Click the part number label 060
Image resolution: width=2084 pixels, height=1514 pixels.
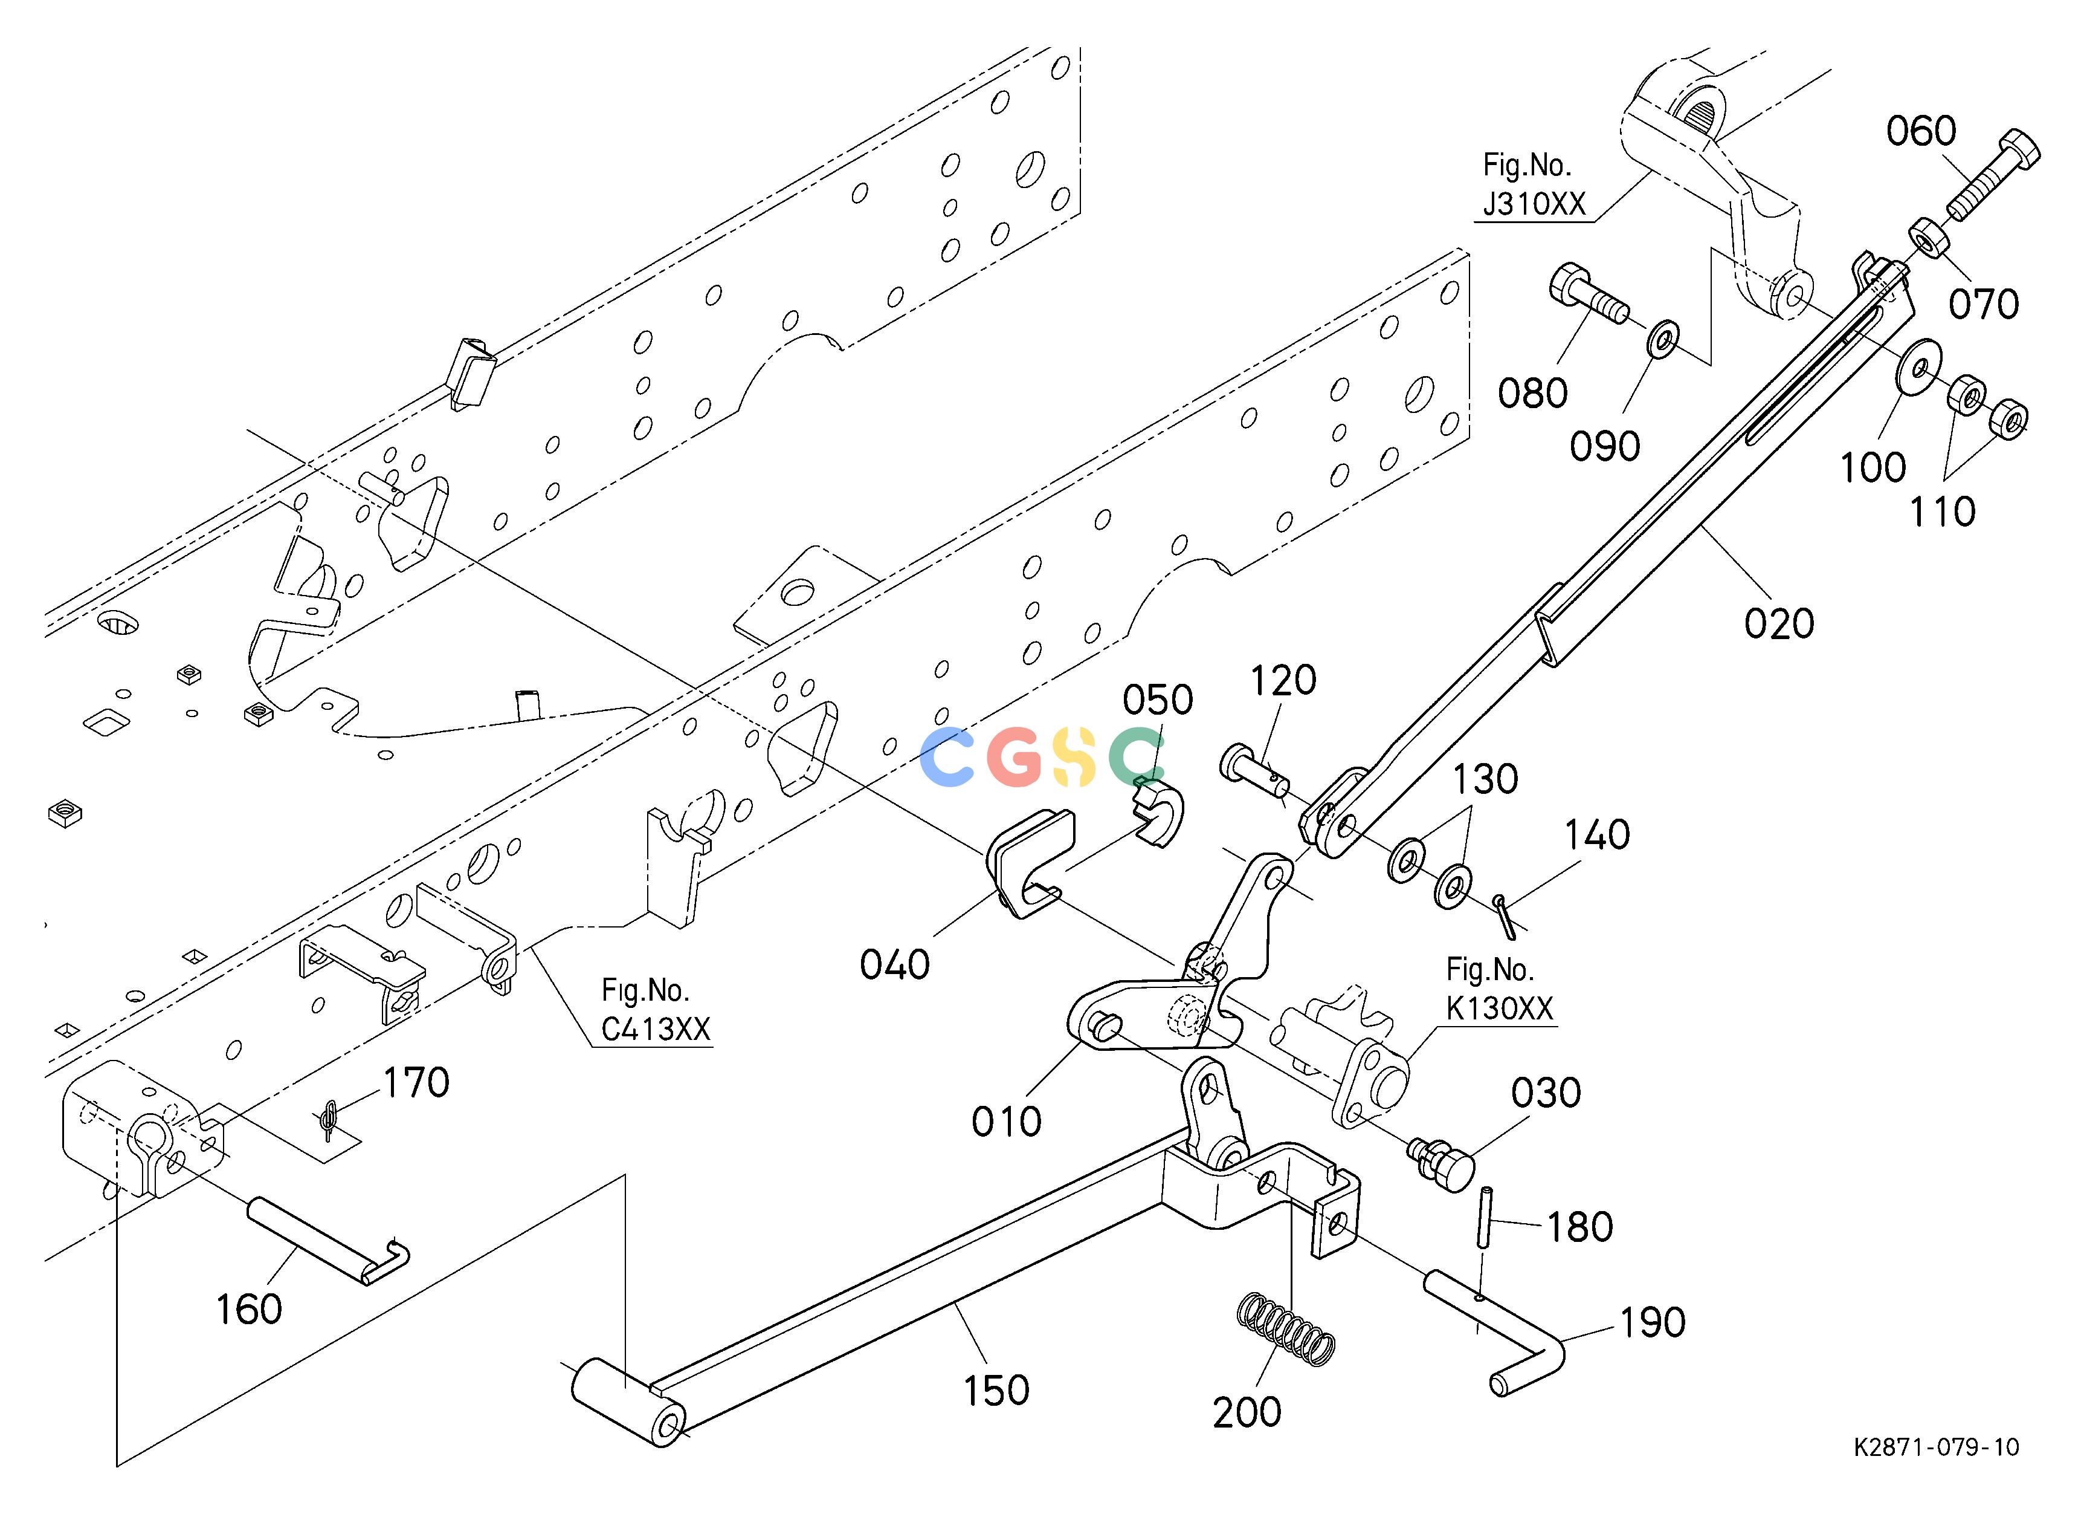(1921, 131)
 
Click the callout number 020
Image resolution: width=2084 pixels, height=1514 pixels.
(1779, 624)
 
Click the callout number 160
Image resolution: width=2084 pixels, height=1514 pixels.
(248, 1309)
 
